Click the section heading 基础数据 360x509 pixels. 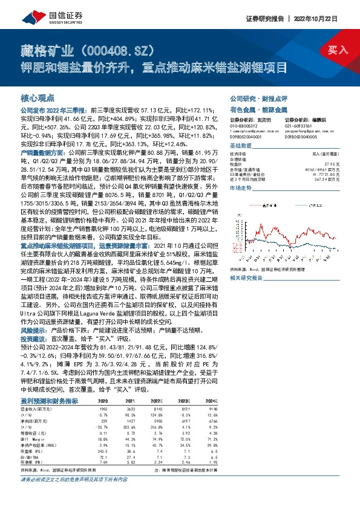(241, 148)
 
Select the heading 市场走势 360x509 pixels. (241, 189)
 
